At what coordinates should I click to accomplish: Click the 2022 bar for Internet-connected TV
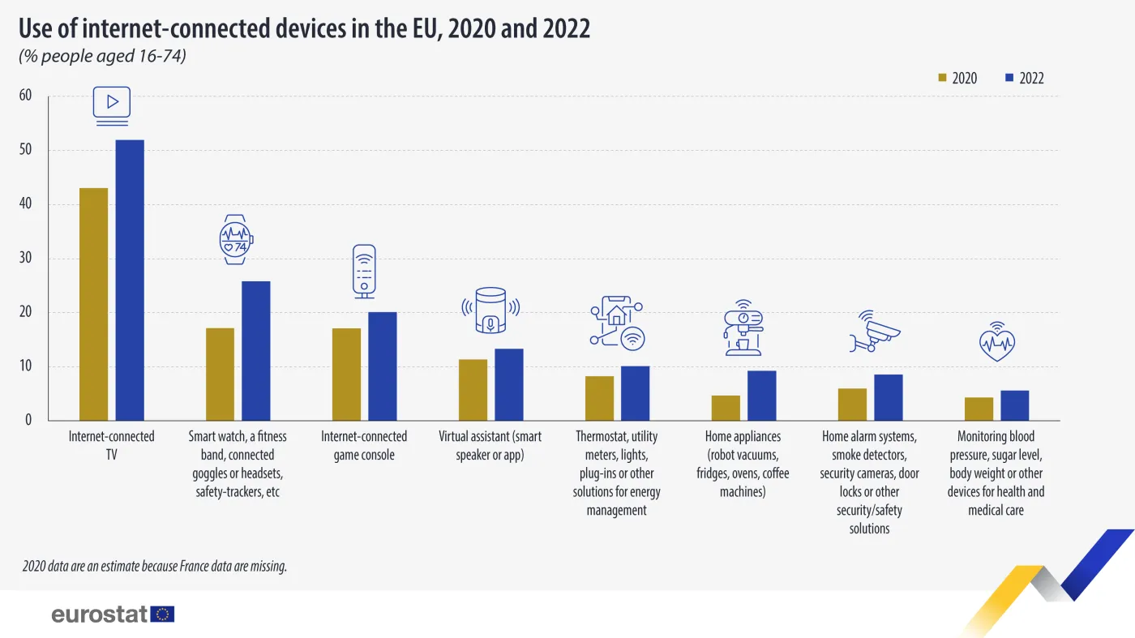pos(130,280)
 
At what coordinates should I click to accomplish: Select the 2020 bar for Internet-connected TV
pos(93,304)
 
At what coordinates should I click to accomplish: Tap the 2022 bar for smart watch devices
pos(256,350)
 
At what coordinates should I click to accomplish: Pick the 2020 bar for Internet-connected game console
pos(346,374)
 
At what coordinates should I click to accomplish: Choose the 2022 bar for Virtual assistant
pos(509,384)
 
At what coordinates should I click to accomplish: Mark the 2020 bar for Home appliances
pos(726,408)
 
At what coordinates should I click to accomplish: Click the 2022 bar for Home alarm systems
pos(889,397)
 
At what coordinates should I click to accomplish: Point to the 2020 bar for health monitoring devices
pos(979,409)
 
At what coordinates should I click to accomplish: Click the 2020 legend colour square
pos(942,79)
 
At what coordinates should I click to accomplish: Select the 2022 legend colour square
pos(1009,79)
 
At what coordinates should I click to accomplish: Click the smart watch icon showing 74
pos(236,239)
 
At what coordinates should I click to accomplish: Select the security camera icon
pos(875,332)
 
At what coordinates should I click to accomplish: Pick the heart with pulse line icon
pos(996,343)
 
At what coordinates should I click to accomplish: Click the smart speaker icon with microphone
pos(490,310)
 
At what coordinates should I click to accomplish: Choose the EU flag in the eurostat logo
pos(163,614)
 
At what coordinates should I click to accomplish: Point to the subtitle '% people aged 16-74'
pos(103,57)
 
